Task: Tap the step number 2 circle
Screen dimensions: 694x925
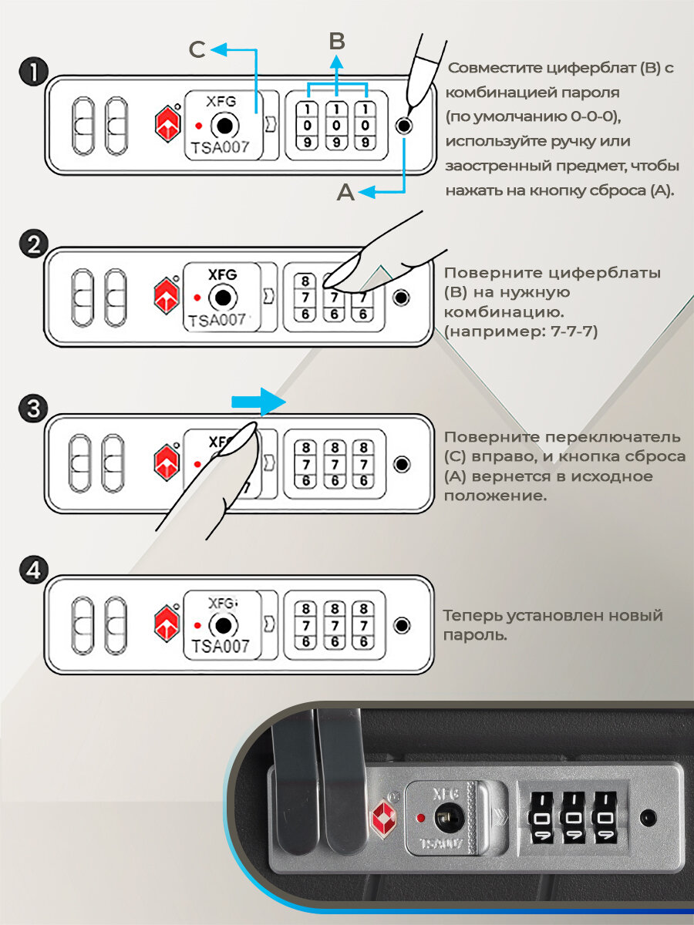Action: [33, 245]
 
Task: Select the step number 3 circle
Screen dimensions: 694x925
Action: [33, 409]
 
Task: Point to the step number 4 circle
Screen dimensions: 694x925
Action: [33, 571]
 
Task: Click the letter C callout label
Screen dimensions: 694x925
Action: [197, 50]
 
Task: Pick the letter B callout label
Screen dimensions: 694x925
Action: [337, 40]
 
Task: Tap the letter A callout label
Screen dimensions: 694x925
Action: [345, 193]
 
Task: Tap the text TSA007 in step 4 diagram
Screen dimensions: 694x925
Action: [221, 646]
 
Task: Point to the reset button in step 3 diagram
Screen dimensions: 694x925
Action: [402, 463]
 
